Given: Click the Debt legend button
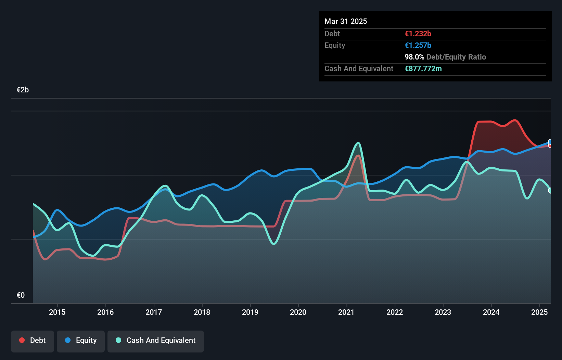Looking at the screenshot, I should point(33,340).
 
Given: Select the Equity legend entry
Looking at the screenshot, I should point(81,340).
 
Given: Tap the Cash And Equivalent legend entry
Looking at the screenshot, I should point(156,340).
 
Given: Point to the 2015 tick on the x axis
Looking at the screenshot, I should point(57,312).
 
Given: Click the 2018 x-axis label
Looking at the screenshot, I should point(202,312).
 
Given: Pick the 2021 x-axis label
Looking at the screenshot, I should point(346,312).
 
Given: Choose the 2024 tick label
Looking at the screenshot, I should point(491,312).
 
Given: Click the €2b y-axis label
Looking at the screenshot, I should point(23,90).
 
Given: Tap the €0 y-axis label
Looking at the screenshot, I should point(21,295).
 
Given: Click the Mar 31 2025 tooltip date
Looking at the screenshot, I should point(346,22).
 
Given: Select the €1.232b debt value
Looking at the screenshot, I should point(418,34).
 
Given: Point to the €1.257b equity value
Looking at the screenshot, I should point(418,46).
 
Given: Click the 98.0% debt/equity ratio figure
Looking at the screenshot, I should point(414,57).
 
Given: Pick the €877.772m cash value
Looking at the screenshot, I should point(423,69).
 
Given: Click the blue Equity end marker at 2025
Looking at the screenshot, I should point(550,142).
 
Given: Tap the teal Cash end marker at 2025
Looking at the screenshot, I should point(550,191).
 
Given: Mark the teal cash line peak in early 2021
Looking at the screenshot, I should point(358,143).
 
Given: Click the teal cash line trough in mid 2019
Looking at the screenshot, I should point(274,244).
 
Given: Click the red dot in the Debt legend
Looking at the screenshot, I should point(22,340).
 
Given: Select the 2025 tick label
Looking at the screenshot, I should point(539,312).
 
